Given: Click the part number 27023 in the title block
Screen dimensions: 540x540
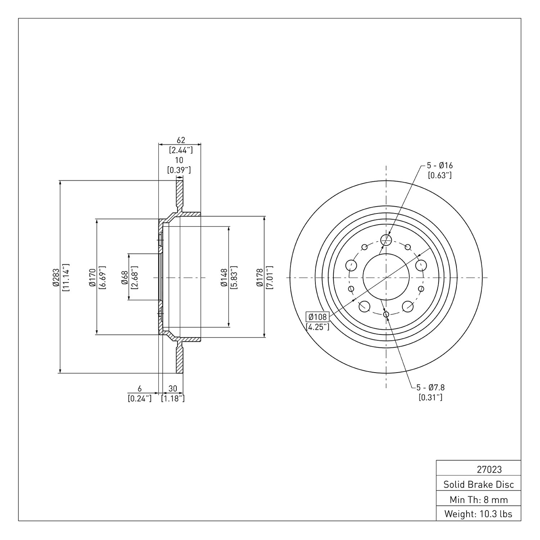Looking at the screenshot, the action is pyautogui.click(x=489, y=469).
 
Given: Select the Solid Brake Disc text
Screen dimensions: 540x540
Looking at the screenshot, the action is pyautogui.click(x=478, y=484).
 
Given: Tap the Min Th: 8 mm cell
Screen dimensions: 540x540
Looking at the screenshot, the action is pyautogui.click(x=478, y=499).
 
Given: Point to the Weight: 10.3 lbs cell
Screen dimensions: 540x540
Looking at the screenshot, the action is pyautogui.click(x=478, y=514).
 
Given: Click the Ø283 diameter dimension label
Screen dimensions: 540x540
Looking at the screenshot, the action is pyautogui.click(x=55, y=277).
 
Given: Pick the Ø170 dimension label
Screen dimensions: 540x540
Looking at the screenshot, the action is pyautogui.click(x=92, y=277).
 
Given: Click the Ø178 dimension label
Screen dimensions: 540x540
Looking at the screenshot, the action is pyautogui.click(x=260, y=277).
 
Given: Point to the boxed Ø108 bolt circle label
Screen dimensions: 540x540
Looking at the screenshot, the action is pyautogui.click(x=318, y=317).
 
